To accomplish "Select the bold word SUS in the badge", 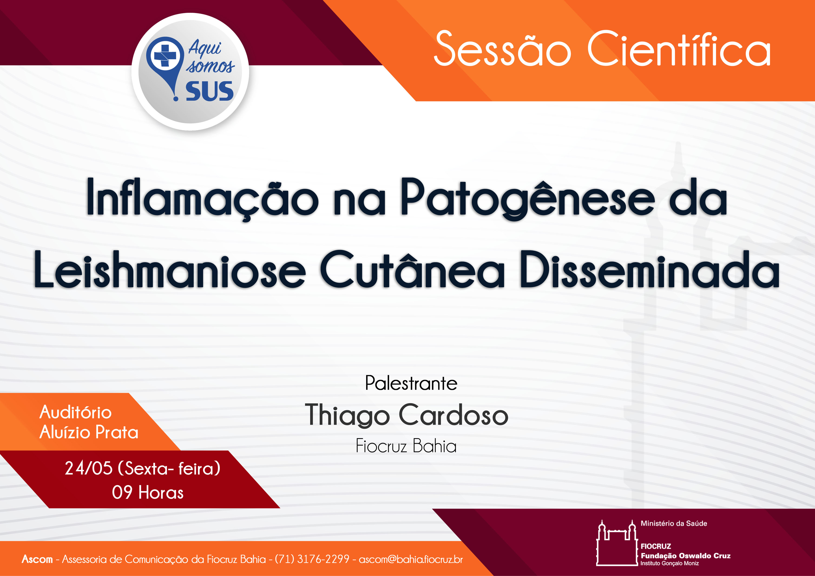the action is pos(209,91).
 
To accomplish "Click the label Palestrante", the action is pos(411,383).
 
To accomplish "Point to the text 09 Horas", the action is pos(148,493).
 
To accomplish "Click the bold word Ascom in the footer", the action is pos(37,559).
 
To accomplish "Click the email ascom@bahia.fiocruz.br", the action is pos(411,559).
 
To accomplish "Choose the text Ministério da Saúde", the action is pos(674,524).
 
